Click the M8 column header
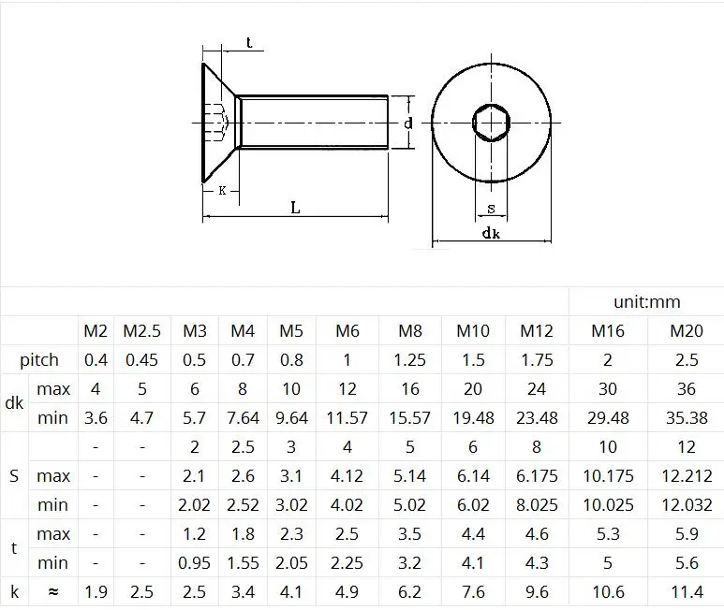pyautogui.click(x=410, y=330)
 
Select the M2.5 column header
pyautogui.click(x=141, y=330)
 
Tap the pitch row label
pyautogui.click(x=39, y=360)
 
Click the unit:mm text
pyautogui.click(x=647, y=302)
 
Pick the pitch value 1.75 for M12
pyautogui.click(x=537, y=359)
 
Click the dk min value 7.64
pyautogui.click(x=243, y=417)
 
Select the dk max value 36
pyautogui.click(x=687, y=388)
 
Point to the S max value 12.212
pyautogui.click(x=687, y=475)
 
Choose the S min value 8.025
pyautogui.click(x=537, y=504)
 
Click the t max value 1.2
pyautogui.click(x=194, y=533)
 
